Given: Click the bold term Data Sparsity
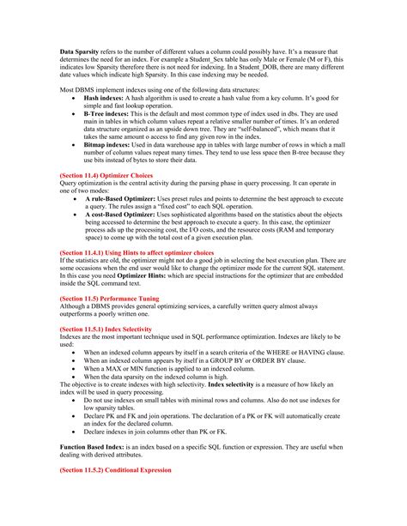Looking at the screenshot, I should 81,51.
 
